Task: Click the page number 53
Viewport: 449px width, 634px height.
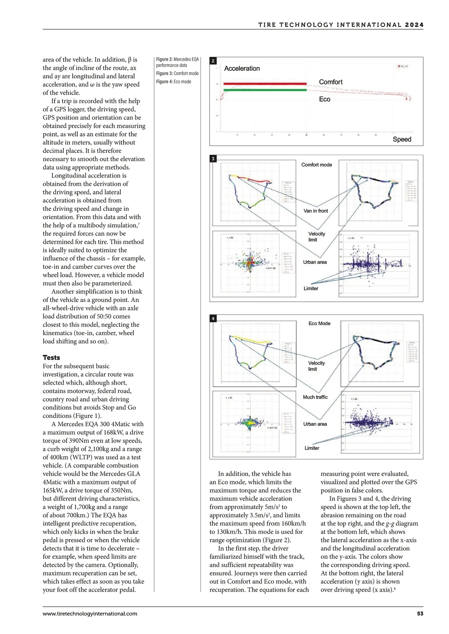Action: pyautogui.click(x=420, y=613)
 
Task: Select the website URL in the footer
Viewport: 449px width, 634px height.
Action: pyautogui.click(x=90, y=613)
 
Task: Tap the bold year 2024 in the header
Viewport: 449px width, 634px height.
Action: pyautogui.click(x=414, y=25)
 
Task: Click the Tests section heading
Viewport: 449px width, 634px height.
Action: pyautogui.click(x=51, y=357)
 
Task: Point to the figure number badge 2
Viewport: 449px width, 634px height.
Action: pyautogui.click(x=213, y=61)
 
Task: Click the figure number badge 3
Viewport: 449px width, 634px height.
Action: pyautogui.click(x=213, y=158)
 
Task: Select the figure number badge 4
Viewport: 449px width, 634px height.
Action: pyautogui.click(x=213, y=318)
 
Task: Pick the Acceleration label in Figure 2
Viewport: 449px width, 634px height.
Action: pyautogui.click(x=242, y=68)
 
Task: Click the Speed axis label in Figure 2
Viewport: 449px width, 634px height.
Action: pyautogui.click(x=402, y=139)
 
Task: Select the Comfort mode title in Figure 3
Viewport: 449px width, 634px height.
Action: pyautogui.click(x=317, y=164)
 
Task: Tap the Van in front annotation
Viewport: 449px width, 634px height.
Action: pyautogui.click(x=315, y=211)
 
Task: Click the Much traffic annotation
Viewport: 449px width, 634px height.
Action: pyautogui.click(x=315, y=397)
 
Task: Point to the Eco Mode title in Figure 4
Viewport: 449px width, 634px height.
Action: pyautogui.click(x=319, y=323)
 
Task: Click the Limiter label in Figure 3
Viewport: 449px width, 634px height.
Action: pyautogui.click(x=311, y=288)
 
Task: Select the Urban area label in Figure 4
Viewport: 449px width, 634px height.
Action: pyautogui.click(x=315, y=424)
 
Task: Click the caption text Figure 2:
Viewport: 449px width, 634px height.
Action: pyautogui.click(x=164, y=59)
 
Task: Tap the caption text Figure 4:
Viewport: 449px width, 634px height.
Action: pyautogui.click(x=164, y=81)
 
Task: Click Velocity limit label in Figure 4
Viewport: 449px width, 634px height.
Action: pyautogui.click(x=316, y=366)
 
